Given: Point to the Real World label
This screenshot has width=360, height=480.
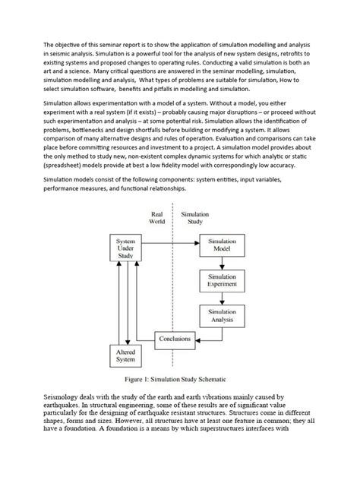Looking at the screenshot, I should tap(157, 219).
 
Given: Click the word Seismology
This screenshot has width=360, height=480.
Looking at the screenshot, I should tap(67, 419).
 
